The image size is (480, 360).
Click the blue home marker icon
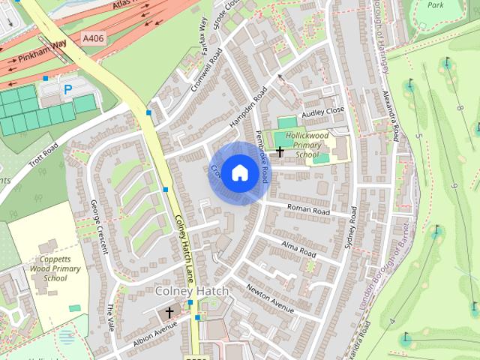click(239, 172)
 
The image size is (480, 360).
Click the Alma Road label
click(298, 248)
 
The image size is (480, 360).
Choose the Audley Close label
click(322, 111)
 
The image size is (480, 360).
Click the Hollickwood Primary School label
click(307, 145)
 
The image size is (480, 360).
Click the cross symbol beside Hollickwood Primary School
click(280, 152)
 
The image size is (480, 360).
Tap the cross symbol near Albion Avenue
click(169, 311)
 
